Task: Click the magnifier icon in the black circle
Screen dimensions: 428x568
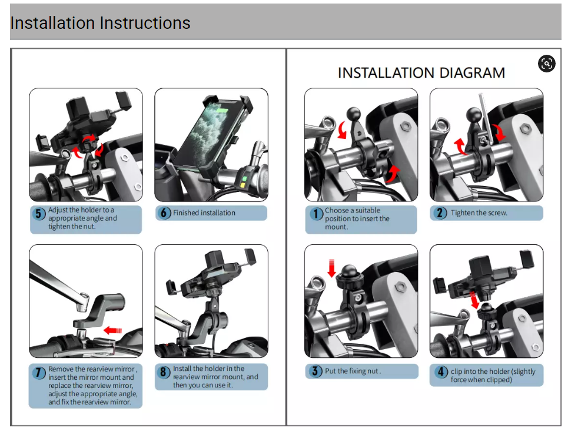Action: click(546, 64)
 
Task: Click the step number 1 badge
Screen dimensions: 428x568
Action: click(316, 214)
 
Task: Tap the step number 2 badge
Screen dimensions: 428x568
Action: click(440, 213)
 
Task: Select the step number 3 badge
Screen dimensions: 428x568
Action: click(315, 371)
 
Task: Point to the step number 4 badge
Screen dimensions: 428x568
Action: click(441, 371)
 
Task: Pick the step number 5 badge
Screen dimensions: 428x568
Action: click(39, 214)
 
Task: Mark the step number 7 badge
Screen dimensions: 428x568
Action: click(38, 373)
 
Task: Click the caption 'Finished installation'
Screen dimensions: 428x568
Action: click(204, 213)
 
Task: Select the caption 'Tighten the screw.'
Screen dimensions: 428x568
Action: click(479, 213)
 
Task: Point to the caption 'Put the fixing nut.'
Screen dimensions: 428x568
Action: click(353, 371)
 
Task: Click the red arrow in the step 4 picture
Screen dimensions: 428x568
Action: click(474, 298)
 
